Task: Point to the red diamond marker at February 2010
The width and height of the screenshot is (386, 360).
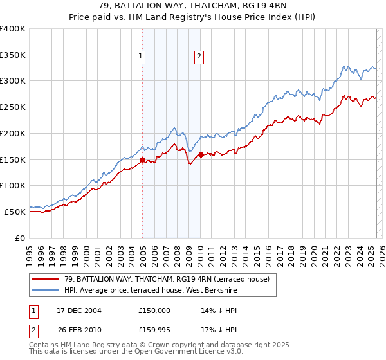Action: point(201,154)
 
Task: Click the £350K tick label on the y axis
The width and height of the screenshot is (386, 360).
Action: point(13,55)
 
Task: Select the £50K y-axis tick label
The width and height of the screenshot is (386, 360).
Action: point(15,212)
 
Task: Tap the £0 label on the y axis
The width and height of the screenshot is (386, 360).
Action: point(21,238)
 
